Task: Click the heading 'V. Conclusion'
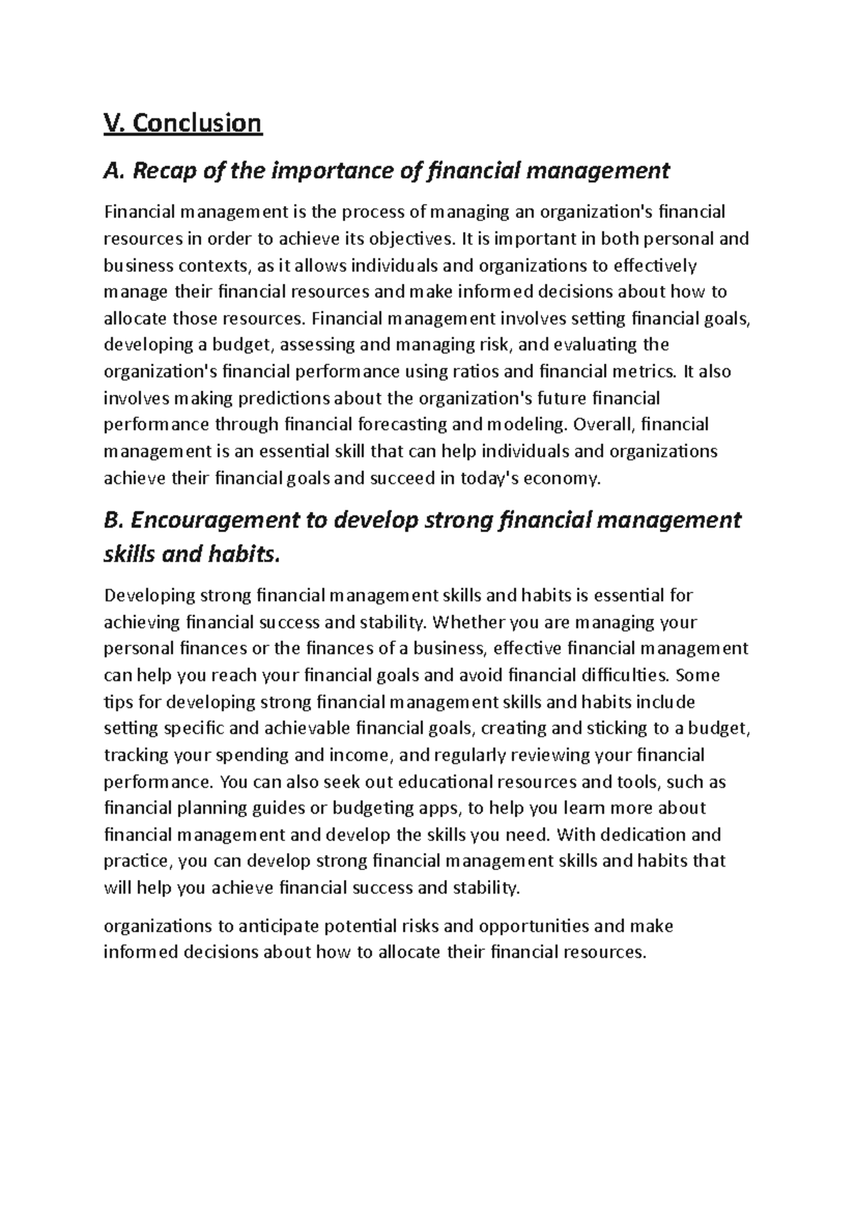(183, 123)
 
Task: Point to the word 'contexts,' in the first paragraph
(215, 266)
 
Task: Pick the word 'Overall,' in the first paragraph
(603, 424)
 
